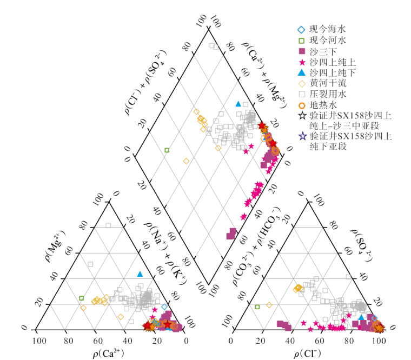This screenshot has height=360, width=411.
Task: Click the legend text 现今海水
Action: pyautogui.click(x=327, y=29)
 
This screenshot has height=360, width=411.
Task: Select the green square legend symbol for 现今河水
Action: pyautogui.click(x=302, y=41)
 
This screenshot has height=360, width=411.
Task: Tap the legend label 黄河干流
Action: pyautogui.click(x=328, y=83)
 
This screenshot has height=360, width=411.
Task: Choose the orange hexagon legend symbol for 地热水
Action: pyautogui.click(x=302, y=105)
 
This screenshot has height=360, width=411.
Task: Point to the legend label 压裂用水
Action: pyautogui.click(x=328, y=94)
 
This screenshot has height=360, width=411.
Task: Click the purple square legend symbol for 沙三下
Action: pyautogui.click(x=302, y=51)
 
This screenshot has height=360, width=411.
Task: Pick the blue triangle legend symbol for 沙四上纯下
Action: pyautogui.click(x=302, y=72)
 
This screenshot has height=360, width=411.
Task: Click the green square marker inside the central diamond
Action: pyautogui.click(x=167, y=150)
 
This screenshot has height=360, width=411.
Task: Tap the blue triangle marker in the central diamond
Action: pyautogui.click(x=238, y=104)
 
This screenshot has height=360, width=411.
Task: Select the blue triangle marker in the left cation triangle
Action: pyautogui.click(x=140, y=274)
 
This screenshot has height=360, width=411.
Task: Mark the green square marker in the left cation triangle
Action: pyautogui.click(x=82, y=298)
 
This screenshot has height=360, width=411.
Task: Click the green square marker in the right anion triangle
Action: pyautogui.click(x=257, y=307)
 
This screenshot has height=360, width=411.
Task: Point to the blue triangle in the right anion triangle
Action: pyautogui.click(x=361, y=317)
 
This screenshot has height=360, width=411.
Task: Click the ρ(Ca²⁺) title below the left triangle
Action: pyautogui.click(x=108, y=354)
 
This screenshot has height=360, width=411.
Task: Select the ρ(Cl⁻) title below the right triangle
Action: pyautogui.click(x=307, y=354)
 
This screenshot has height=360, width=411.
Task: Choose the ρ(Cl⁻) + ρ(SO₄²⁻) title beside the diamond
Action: pyautogui.click(x=145, y=82)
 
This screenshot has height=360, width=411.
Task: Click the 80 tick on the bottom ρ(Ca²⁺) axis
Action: pyautogui.click(x=68, y=341)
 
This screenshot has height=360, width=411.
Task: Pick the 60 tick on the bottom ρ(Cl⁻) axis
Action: pyautogui.click(x=319, y=341)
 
